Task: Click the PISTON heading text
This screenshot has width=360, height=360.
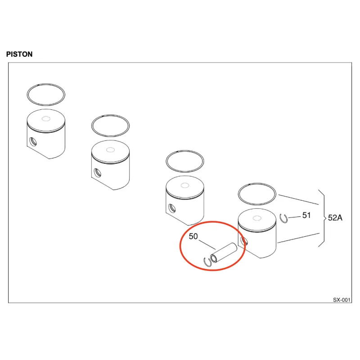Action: (x=19, y=54)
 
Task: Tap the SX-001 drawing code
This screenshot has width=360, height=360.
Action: (x=342, y=300)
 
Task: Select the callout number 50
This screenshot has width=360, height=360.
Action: (x=193, y=236)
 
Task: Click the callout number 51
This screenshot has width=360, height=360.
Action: (x=306, y=215)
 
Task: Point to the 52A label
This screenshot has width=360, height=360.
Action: (x=335, y=218)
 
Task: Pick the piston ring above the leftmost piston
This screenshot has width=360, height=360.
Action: (x=46, y=84)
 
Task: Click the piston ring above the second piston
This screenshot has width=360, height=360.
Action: (x=110, y=115)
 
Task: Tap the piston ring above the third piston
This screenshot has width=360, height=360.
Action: (x=185, y=151)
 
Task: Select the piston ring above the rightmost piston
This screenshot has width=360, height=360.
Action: (x=257, y=184)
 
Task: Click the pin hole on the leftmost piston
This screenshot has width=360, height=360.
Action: (x=33, y=141)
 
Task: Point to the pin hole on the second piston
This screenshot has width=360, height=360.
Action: (x=98, y=173)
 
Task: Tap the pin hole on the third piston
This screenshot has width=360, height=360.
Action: (x=172, y=208)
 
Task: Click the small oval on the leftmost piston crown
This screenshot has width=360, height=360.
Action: (x=46, y=119)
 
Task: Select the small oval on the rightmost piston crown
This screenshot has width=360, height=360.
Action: (x=257, y=218)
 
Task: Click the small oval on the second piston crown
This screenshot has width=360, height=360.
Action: (x=110, y=150)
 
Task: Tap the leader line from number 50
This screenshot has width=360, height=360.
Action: (x=207, y=245)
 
